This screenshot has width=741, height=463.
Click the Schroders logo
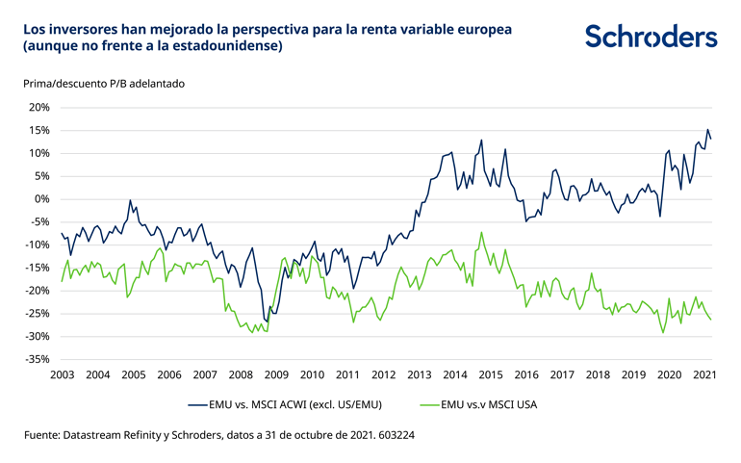point(651,38)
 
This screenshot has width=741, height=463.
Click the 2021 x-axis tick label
point(703,373)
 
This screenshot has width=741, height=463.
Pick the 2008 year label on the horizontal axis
point(240,373)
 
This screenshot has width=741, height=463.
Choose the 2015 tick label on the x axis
point(490,373)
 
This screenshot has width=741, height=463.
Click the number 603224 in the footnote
point(395,435)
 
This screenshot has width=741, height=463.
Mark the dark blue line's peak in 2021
point(707,130)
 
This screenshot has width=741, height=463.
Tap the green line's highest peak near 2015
point(481,232)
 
